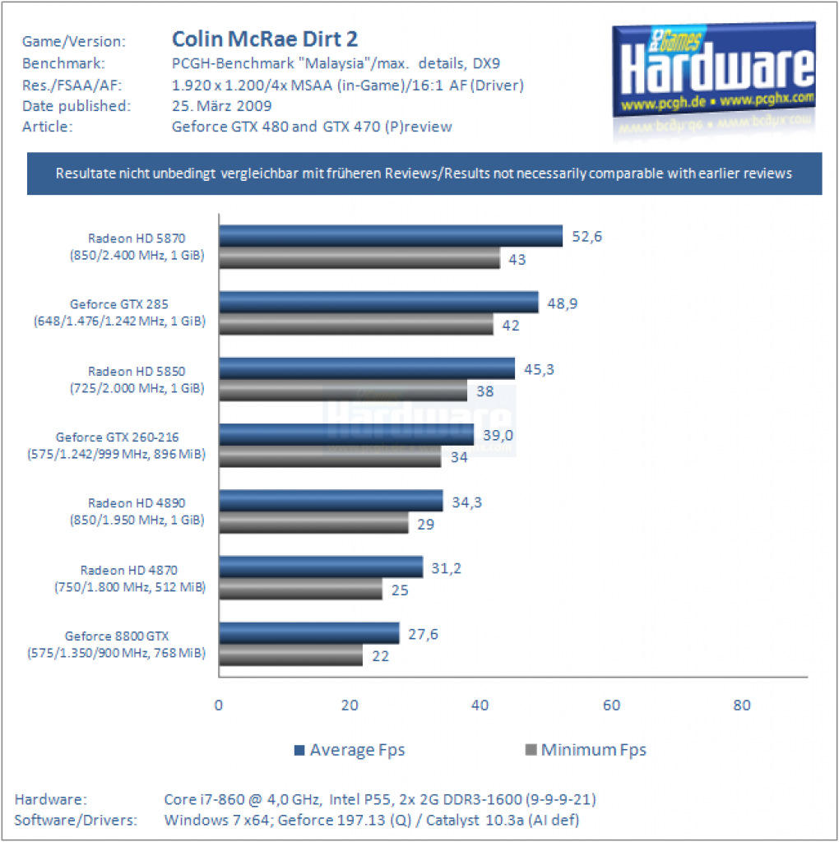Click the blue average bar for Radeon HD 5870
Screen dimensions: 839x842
391,236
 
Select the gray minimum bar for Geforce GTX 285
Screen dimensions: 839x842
356,324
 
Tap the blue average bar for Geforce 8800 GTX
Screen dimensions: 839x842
308,633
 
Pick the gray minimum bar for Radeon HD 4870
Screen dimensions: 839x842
300,589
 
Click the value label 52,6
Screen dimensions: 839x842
586,237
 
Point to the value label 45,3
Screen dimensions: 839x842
539,369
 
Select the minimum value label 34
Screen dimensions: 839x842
459,457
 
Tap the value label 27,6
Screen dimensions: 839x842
423,634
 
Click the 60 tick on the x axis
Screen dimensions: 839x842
611,705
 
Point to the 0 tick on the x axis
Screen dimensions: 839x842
219,705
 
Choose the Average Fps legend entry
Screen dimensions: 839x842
350,750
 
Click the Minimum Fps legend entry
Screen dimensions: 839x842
586,750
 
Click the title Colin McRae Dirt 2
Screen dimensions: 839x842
265,39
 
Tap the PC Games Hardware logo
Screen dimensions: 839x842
714,70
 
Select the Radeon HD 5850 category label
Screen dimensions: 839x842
137,380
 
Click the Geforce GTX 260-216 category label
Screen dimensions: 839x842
117,446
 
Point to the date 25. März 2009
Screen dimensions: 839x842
222,106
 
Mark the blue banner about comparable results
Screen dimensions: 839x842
424,173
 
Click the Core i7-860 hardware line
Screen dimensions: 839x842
380,799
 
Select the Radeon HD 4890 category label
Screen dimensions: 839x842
137,511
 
